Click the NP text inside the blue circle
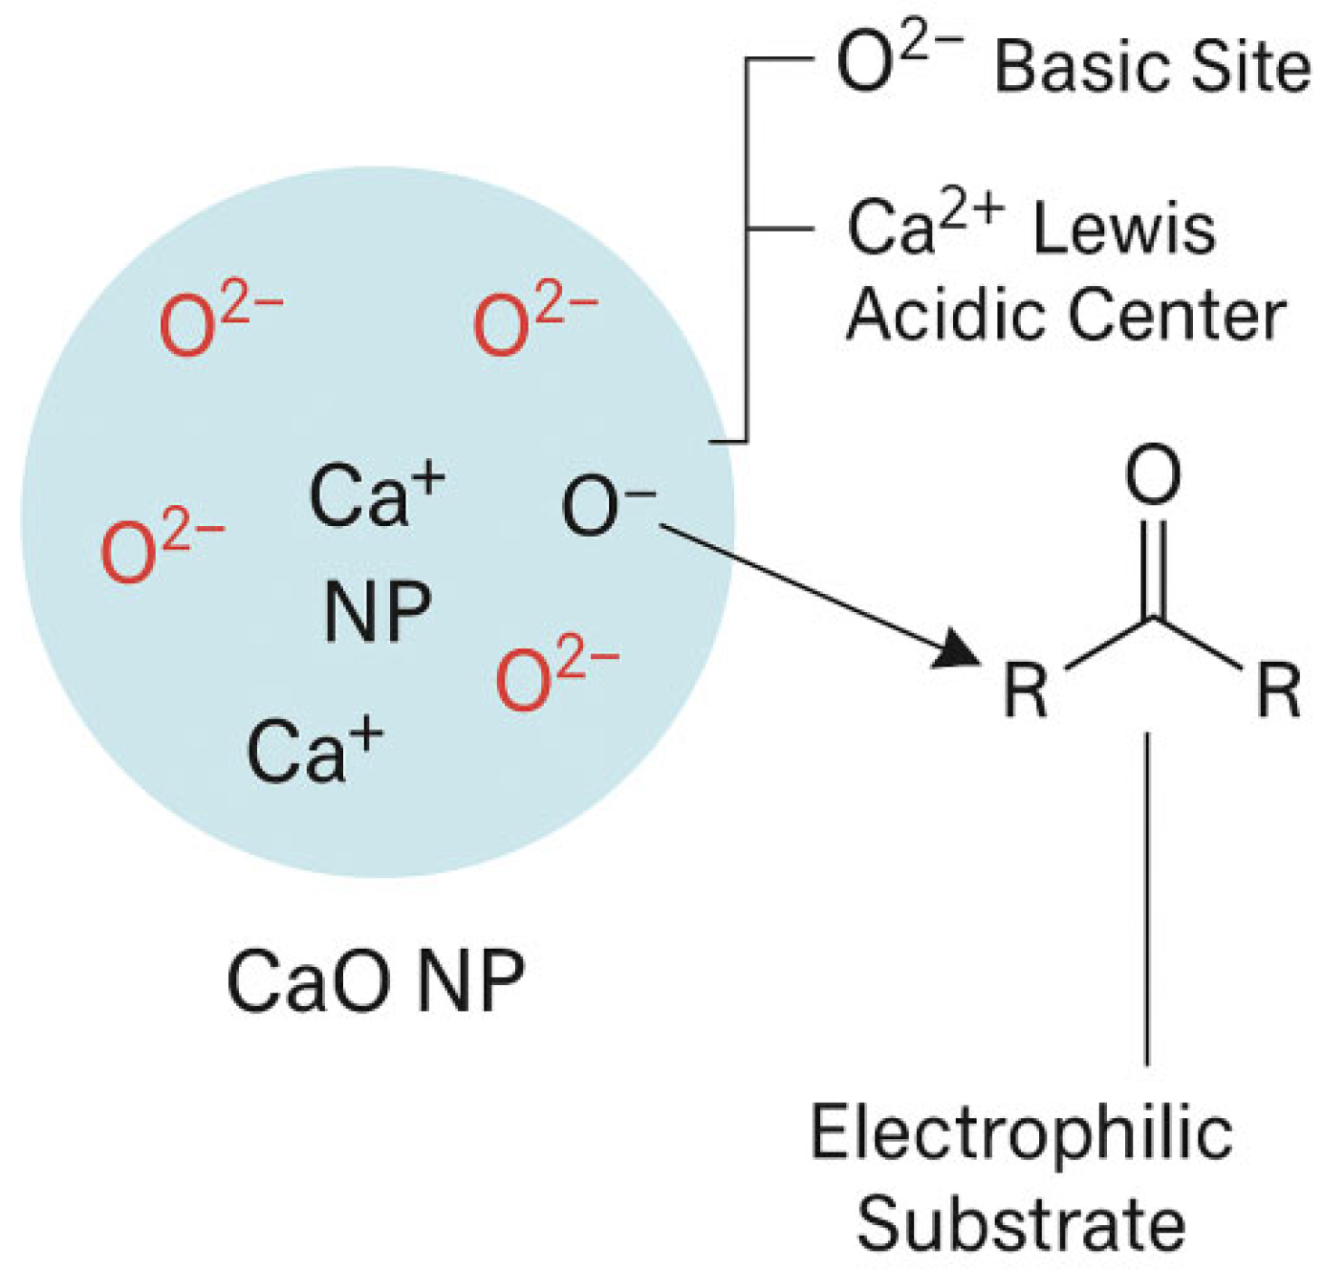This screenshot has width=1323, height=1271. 378,613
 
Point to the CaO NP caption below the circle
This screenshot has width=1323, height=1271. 376,981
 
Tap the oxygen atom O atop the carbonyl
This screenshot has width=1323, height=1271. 1153,475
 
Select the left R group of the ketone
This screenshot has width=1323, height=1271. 1026,690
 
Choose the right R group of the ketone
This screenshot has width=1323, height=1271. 1278,690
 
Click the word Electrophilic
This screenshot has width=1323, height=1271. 1021,1133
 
